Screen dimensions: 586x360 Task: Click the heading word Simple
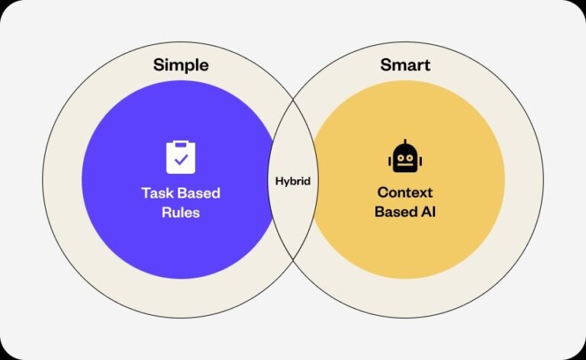point(181,66)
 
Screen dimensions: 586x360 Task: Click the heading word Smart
point(405,65)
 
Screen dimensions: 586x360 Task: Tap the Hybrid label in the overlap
point(293,182)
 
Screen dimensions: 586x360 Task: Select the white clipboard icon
point(181,157)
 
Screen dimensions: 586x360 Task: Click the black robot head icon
point(405,156)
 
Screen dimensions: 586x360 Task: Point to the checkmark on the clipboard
point(182,160)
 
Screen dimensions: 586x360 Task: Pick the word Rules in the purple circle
point(181,213)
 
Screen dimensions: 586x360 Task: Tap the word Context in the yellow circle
point(405,192)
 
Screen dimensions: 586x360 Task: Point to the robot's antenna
point(405,143)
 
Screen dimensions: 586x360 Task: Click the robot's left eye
point(401,158)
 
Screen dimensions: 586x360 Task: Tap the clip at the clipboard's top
point(181,143)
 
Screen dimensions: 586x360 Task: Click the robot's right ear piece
point(420,162)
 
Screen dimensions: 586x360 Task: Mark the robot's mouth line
point(405,163)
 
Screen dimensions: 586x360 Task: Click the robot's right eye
point(410,158)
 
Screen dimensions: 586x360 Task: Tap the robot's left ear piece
point(390,162)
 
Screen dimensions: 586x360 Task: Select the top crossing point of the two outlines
point(293,100)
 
